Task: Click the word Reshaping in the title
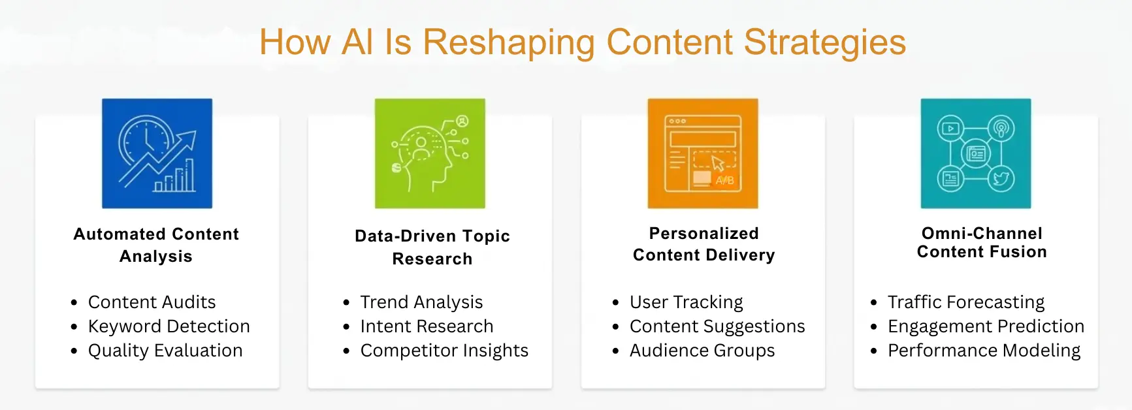pos(508,42)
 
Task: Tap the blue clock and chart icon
pos(157,153)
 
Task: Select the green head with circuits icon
pos(430,153)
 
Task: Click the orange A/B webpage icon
pos(703,153)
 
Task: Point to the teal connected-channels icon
pos(976,153)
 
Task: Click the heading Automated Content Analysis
pos(156,245)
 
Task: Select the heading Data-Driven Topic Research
pos(432,247)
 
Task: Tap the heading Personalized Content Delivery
pos(703,244)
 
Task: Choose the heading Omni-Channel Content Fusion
pos(982,242)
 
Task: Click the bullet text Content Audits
pos(152,302)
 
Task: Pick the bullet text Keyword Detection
pos(169,326)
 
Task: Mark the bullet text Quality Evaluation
pos(165,351)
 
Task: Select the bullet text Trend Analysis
pos(421,302)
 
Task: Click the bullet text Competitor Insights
pos(444,351)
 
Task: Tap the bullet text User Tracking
pos(686,302)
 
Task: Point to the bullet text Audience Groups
pos(702,351)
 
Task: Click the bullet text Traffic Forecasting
pos(966,302)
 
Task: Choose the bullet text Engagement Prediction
pos(986,326)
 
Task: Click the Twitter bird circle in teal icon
pos(1001,179)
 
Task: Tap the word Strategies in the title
pos(824,42)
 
